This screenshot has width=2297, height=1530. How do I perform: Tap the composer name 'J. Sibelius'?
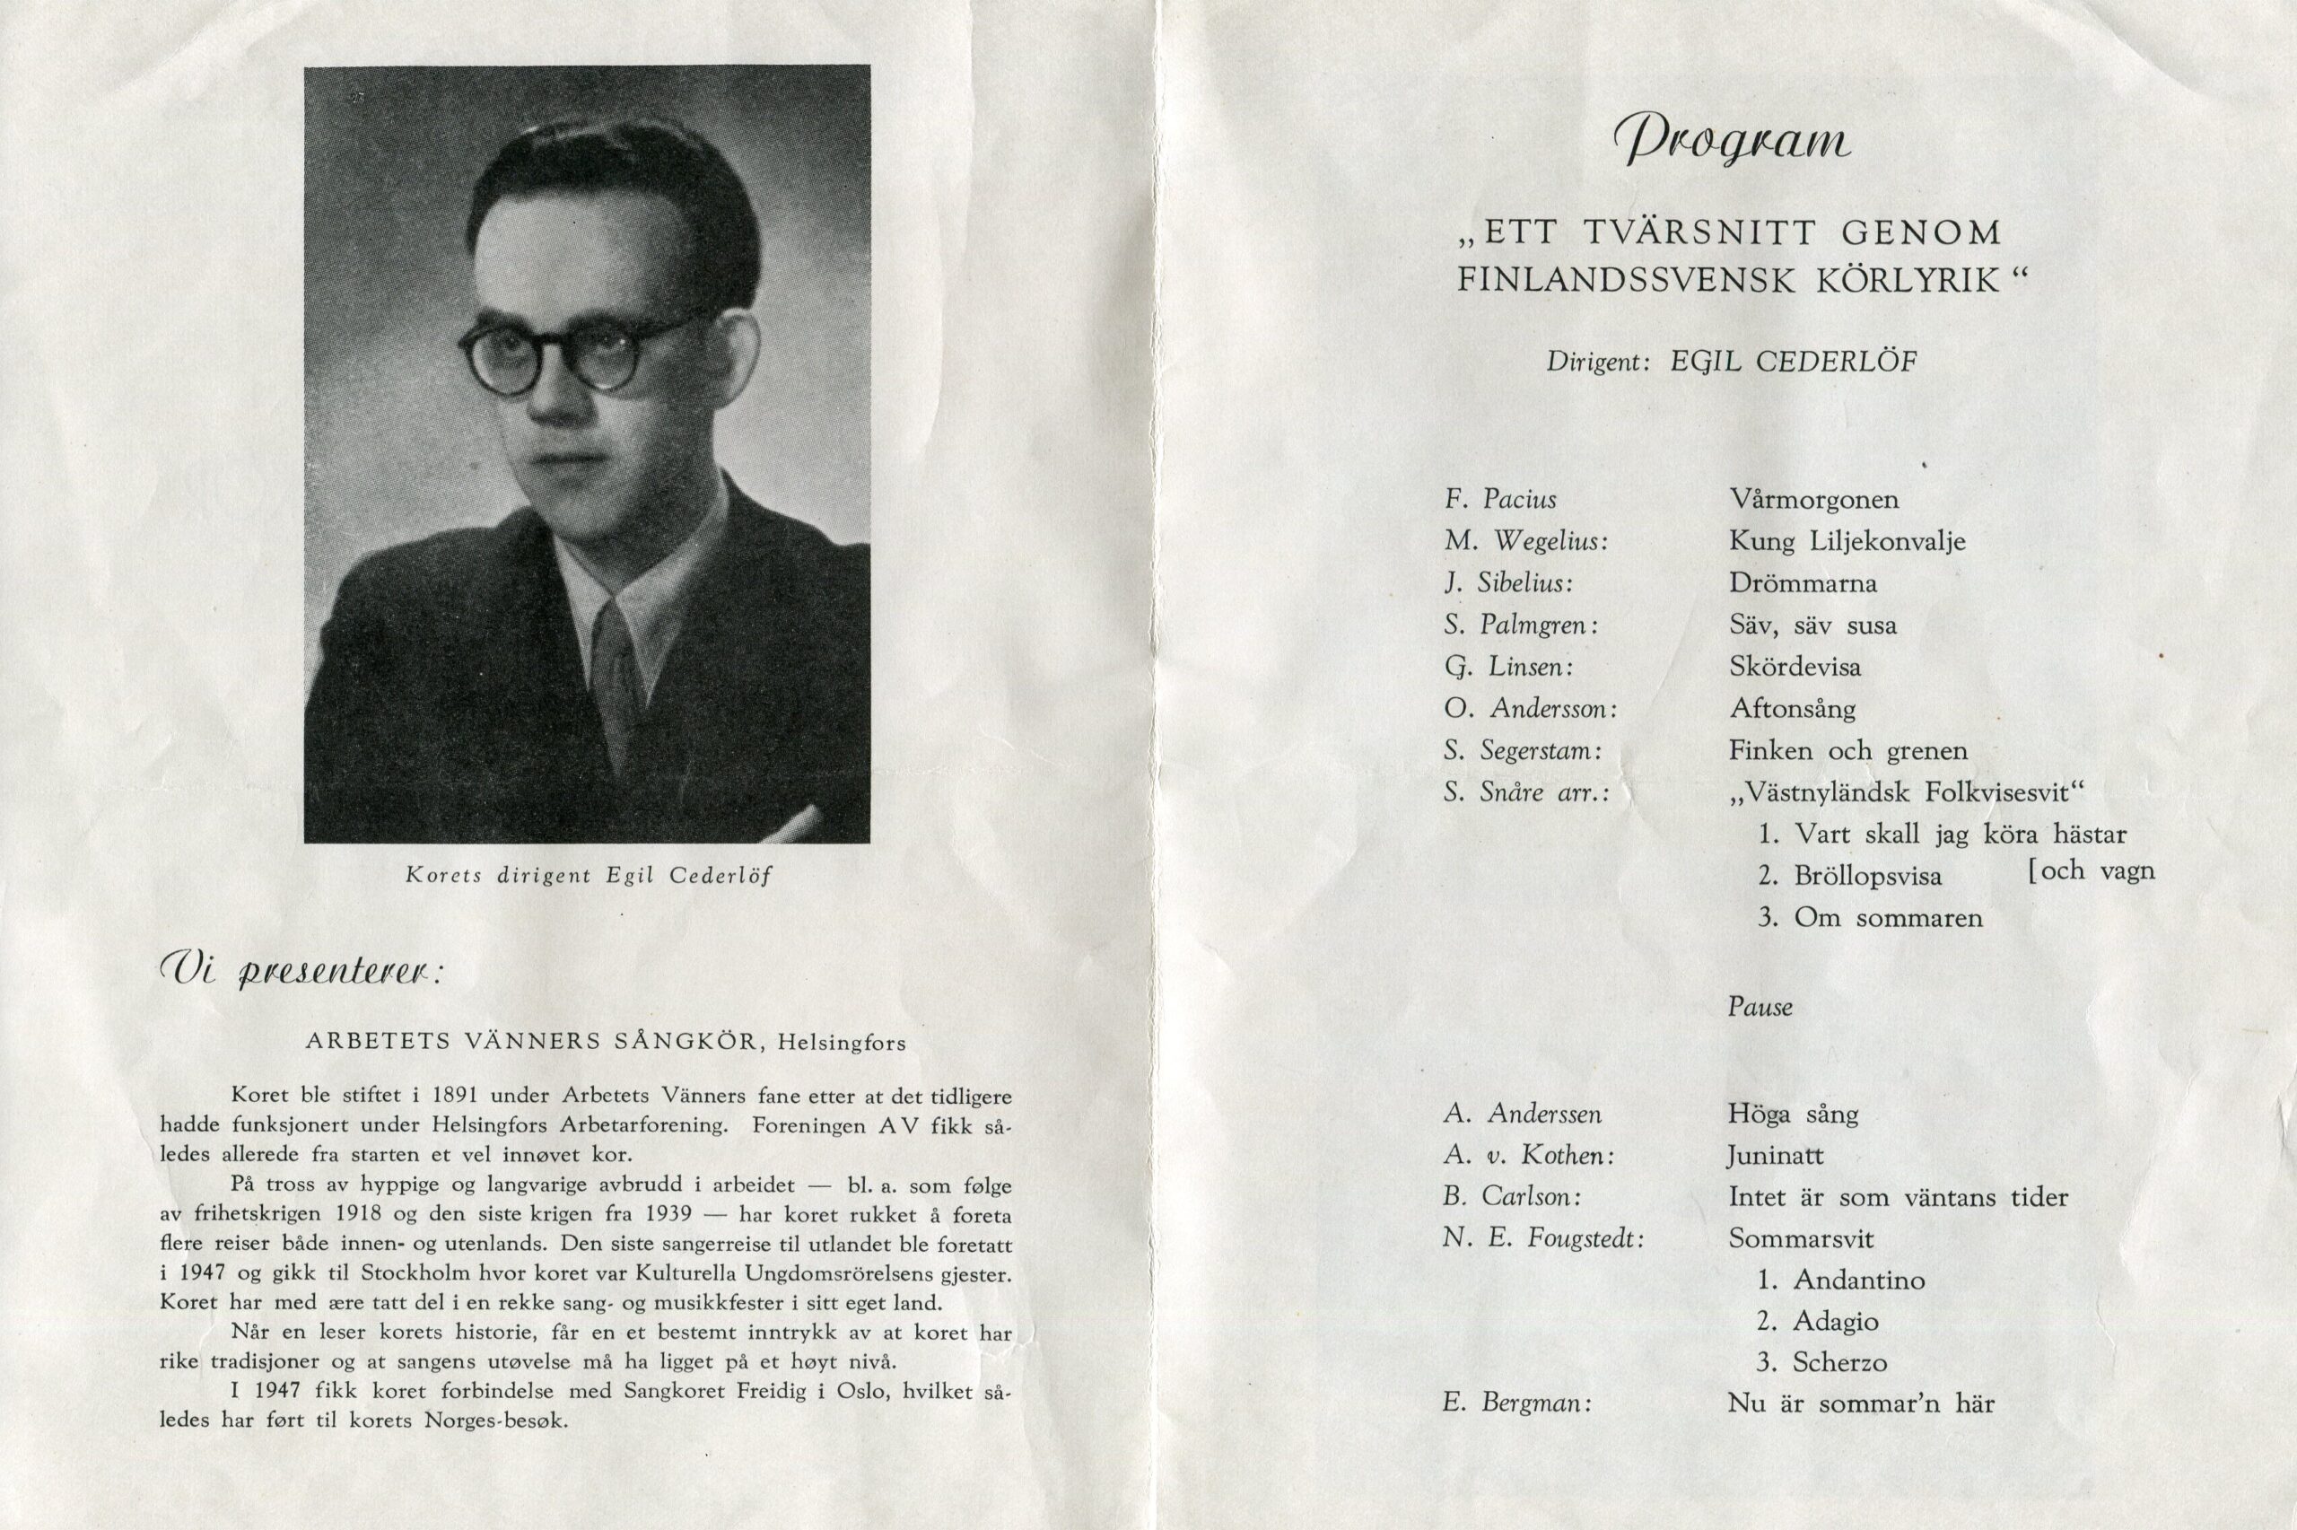point(1508,583)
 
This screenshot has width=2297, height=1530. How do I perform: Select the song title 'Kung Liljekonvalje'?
point(1847,541)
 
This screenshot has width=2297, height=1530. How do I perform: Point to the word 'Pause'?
point(1760,1007)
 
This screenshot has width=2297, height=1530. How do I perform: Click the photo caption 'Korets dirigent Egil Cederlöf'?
point(588,875)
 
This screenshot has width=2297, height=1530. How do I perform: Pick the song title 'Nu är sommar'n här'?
point(1860,1404)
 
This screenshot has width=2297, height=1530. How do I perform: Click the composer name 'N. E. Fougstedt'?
point(1543,1239)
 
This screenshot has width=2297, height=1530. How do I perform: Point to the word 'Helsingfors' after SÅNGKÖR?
point(842,1043)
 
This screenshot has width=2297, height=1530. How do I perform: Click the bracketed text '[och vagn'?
point(2091,870)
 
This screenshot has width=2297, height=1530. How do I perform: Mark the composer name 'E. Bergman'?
point(1516,1404)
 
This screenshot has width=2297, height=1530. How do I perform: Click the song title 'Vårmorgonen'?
point(1813,500)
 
